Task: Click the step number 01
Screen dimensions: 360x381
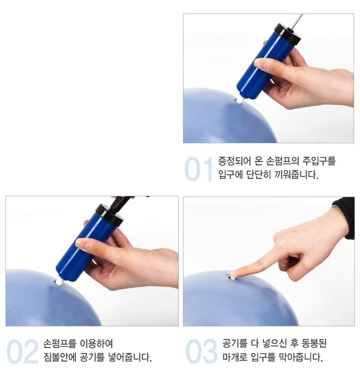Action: (x=198, y=169)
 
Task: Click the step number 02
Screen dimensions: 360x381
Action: (x=22, y=352)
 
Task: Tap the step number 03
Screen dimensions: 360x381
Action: (x=202, y=351)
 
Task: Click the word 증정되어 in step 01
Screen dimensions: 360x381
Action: (x=234, y=161)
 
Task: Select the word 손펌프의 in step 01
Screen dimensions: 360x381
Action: (x=282, y=161)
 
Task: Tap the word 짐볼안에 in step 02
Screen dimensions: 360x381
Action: (x=60, y=357)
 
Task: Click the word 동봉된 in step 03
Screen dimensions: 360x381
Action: (x=314, y=343)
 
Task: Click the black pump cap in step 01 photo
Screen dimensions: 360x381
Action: (x=288, y=34)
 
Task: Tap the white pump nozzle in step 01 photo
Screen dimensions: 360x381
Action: (x=240, y=100)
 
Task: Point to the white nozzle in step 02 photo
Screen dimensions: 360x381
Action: (x=59, y=282)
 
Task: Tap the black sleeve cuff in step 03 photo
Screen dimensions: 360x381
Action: (x=345, y=216)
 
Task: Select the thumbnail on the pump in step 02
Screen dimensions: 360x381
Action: (x=82, y=243)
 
